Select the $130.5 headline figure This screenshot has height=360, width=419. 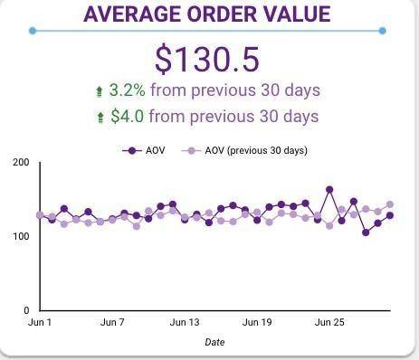point(207,59)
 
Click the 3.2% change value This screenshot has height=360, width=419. point(128,90)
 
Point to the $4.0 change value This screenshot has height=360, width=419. point(128,116)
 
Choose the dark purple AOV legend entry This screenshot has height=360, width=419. point(143,150)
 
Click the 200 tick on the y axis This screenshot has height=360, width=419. point(21,163)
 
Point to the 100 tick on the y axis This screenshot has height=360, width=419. point(21,236)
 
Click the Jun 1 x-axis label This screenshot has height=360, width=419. point(41,322)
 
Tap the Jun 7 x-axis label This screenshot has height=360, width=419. point(112,322)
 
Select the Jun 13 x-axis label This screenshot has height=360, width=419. point(185,322)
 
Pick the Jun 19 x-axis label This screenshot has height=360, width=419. point(257,322)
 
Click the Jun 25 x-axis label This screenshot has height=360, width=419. point(329,322)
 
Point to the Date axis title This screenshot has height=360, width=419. point(214,342)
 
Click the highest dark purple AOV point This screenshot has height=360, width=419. point(329,190)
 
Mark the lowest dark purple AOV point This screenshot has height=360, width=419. point(366,232)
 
